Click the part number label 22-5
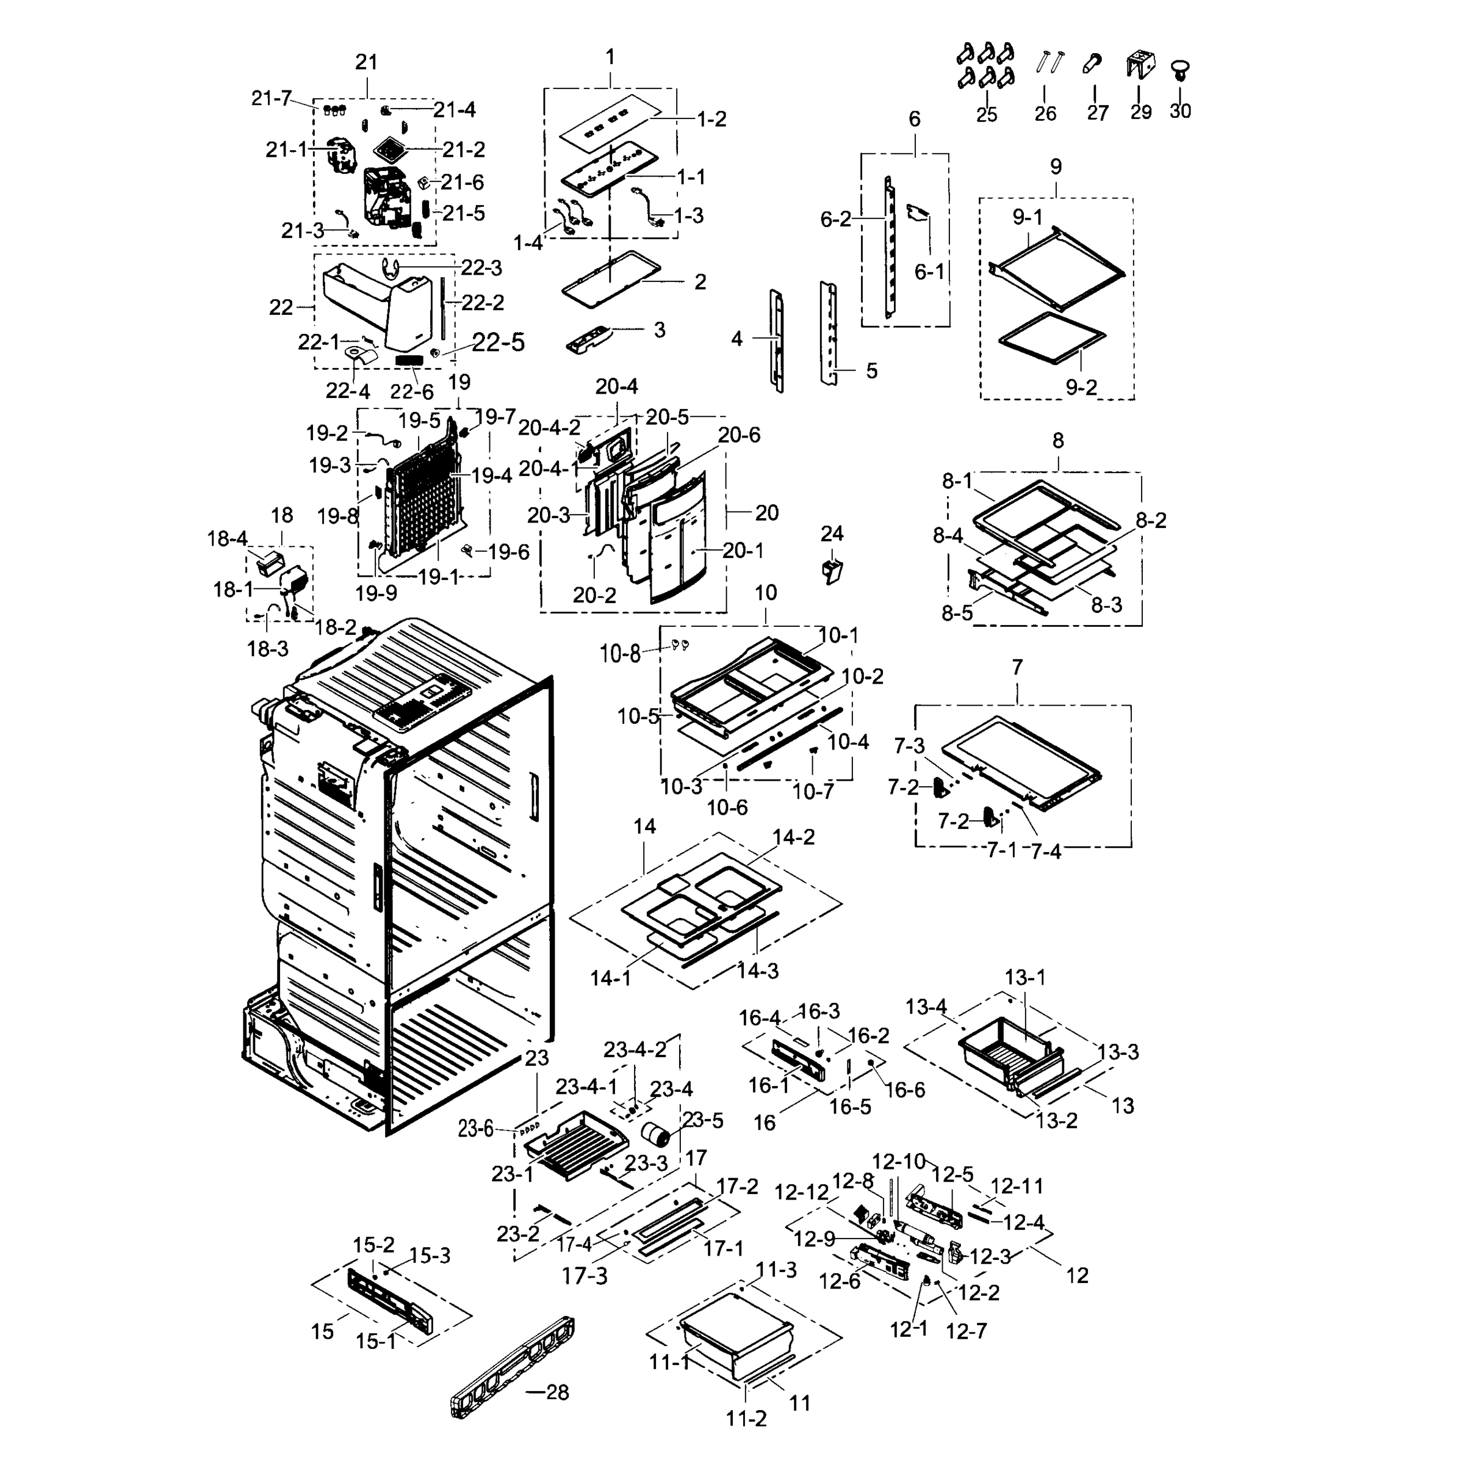498,342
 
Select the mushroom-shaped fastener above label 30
1180,71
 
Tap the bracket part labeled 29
1139,64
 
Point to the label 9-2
1081,388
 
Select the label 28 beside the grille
558,1392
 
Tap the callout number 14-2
793,837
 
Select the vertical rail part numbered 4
777,340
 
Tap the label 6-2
835,219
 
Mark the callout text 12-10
898,1162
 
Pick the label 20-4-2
549,428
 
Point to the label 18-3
267,649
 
